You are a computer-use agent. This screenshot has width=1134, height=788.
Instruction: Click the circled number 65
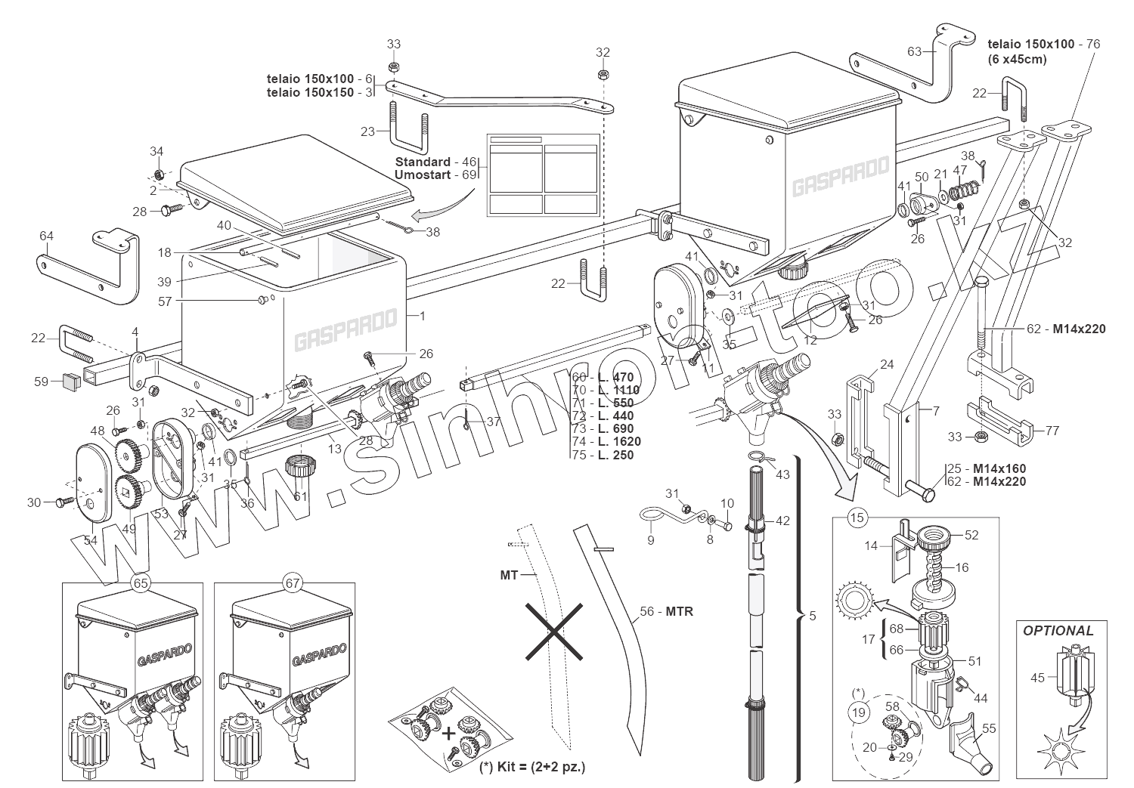pos(140,583)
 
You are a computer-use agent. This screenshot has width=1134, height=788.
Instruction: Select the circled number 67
pos(293,583)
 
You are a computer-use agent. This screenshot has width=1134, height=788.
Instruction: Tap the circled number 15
pos(857,518)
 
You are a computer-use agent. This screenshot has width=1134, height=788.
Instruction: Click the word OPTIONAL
pos(1058,630)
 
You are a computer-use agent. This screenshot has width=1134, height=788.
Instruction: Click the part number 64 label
pos(47,236)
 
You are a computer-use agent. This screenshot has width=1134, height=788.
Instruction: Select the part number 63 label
pos(915,51)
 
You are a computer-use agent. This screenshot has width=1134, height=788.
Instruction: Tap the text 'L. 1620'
pos(619,441)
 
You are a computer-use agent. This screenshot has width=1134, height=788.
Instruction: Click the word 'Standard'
pos(423,162)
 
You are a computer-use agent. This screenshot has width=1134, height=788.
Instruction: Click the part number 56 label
pos(646,612)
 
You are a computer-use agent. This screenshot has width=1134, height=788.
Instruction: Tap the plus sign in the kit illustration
pos(448,733)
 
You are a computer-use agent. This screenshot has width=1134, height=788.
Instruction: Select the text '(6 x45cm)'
pos(1017,59)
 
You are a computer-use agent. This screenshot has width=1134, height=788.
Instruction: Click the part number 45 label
pos(1037,678)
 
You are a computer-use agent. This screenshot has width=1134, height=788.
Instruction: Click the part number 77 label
pos(1052,431)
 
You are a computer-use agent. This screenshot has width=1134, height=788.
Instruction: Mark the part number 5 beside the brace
pos(813,616)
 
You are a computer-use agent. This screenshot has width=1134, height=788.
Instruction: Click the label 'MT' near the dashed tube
pos(509,575)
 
